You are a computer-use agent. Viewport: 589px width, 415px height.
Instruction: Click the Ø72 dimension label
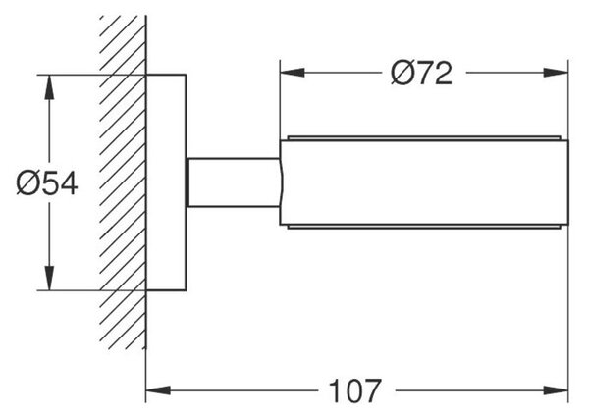tap(421, 73)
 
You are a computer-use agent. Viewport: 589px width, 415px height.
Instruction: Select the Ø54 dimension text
tap(47, 182)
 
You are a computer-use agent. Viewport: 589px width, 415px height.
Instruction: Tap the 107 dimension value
tap(355, 391)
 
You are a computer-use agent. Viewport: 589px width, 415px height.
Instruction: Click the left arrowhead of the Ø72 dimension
tap(293, 73)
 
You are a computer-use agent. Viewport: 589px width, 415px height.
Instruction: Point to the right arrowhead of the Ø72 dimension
tap(557, 73)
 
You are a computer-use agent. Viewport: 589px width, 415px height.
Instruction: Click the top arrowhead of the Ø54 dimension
tap(49, 87)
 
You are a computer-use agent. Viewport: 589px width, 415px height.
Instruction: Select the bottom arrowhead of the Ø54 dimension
tap(49, 278)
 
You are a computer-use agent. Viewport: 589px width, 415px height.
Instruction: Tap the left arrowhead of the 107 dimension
tap(158, 390)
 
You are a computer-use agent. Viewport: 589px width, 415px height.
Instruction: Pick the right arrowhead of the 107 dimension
tap(557, 390)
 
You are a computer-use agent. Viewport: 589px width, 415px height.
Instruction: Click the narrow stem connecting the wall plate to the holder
tap(234, 182)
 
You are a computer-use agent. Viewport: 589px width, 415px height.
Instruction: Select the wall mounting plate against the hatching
tap(166, 182)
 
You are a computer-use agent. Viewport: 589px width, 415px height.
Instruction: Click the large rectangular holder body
tap(424, 182)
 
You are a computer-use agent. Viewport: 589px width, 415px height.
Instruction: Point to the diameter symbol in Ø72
tap(401, 73)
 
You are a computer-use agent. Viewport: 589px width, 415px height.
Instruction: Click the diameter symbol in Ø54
tap(27, 182)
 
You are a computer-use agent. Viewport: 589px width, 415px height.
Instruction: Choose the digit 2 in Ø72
tap(443, 73)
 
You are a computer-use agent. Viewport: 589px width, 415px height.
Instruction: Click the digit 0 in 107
tap(355, 391)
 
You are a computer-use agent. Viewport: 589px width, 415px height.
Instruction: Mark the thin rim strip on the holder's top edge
tap(424, 137)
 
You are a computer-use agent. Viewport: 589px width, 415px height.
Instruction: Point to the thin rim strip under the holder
tap(424, 227)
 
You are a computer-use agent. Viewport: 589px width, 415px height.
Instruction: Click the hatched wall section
tap(124, 182)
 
